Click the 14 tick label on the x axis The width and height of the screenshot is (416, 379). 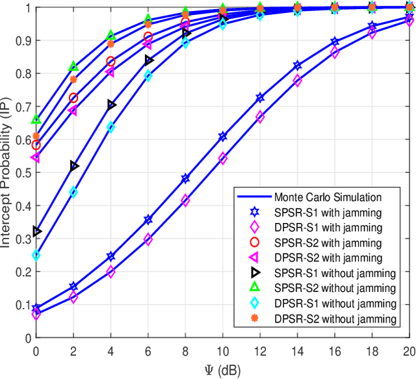click(297, 351)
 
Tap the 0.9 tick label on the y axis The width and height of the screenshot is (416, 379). click(24, 41)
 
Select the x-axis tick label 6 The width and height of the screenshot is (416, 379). click(148, 351)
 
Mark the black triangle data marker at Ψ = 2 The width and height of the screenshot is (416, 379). click(73, 166)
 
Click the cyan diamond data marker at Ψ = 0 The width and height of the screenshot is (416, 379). click(36, 255)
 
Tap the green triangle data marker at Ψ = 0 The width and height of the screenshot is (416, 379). click(36, 120)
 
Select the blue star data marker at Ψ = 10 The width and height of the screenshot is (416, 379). click(223, 137)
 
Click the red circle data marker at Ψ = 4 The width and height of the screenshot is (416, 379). click(110, 62)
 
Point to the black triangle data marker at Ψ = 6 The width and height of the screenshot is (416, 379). click(148, 60)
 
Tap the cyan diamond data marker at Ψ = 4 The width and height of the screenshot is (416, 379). click(110, 127)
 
